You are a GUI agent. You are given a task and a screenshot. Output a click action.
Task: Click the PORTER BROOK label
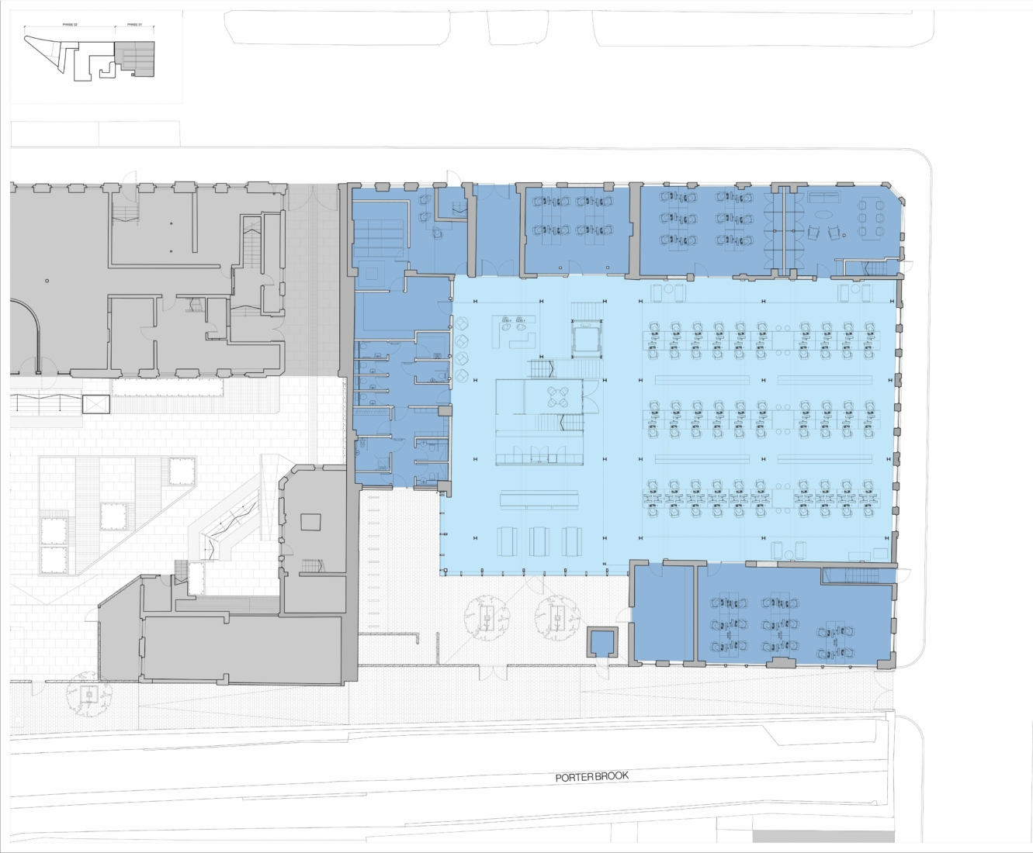pos(592,777)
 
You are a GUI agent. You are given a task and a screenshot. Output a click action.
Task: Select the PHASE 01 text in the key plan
pos(134,25)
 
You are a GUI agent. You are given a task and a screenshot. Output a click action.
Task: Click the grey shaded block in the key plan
pos(136,60)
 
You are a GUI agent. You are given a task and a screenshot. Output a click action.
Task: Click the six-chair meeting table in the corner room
pos(870,218)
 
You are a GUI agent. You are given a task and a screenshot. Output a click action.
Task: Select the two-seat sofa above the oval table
pos(823,196)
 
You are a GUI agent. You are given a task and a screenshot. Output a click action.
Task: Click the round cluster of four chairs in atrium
pos(558,397)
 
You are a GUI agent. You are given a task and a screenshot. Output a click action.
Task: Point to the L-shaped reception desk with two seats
pos(517,332)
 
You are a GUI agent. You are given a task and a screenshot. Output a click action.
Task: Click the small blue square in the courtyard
pos(601,641)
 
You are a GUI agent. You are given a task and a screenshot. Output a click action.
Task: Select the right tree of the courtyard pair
pos(557,617)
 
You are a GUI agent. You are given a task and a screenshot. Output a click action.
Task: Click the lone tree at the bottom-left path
pos(90,695)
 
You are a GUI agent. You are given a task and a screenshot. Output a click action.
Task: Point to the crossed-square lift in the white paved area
pos(96,404)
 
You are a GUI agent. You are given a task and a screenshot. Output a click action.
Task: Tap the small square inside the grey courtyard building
pos(311,521)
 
